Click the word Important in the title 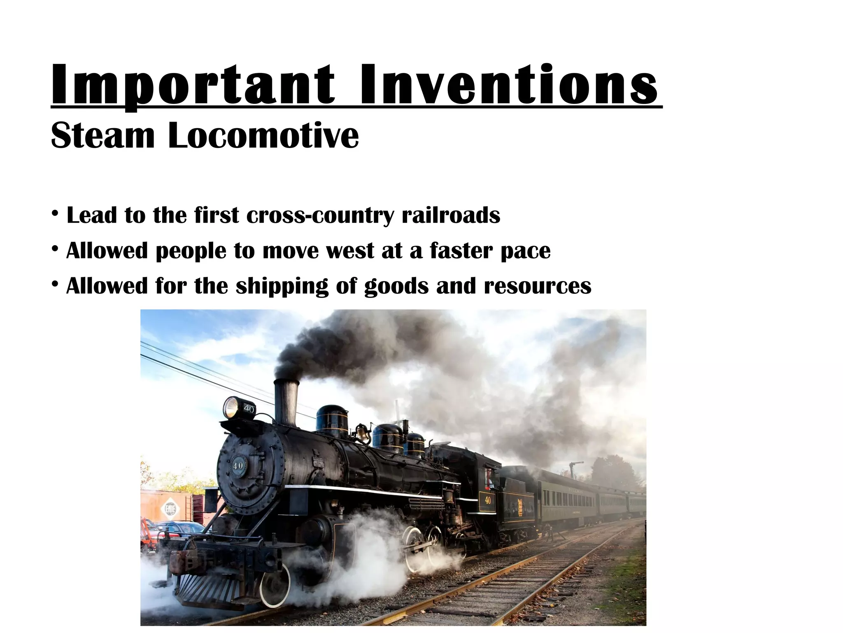(x=193, y=85)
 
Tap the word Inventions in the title (x=509, y=85)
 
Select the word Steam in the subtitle (x=102, y=135)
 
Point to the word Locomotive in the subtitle (x=263, y=135)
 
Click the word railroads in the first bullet (x=451, y=215)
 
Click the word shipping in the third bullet (x=282, y=286)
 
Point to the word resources (x=538, y=286)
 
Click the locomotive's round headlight (x=231, y=407)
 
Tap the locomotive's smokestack (x=286, y=402)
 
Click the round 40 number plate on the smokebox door (x=238, y=466)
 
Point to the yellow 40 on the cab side (x=488, y=500)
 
